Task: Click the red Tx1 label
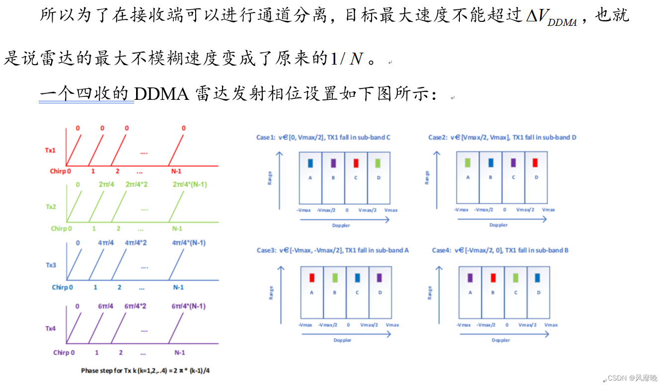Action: [50, 150]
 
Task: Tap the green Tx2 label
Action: [50, 207]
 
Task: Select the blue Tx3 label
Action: [51, 265]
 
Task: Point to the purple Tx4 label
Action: [51, 328]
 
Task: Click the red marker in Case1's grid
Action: [356, 163]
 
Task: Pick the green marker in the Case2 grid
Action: [467, 162]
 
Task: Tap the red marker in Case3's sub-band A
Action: [312, 278]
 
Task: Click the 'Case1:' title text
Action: [265, 137]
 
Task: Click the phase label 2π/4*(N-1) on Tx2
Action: [189, 185]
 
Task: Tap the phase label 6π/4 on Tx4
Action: [106, 307]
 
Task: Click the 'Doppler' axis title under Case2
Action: [498, 225]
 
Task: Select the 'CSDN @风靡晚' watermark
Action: [632, 378]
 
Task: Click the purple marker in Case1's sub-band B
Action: [333, 163]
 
